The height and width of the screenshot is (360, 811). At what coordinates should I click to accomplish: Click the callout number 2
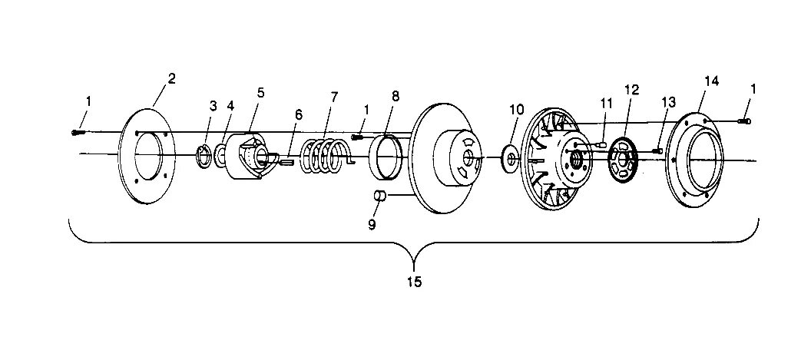(x=171, y=78)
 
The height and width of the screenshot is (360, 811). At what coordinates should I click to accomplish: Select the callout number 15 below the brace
(x=413, y=282)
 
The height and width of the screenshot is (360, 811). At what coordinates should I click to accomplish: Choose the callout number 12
(x=631, y=89)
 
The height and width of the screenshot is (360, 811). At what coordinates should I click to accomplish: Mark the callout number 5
(x=260, y=93)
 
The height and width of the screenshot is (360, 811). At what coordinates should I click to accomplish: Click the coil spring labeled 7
(x=326, y=157)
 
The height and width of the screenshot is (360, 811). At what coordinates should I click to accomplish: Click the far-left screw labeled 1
(x=74, y=132)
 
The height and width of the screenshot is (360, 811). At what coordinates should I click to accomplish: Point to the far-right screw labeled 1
(x=744, y=121)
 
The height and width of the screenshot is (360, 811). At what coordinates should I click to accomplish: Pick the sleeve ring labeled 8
(x=389, y=157)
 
